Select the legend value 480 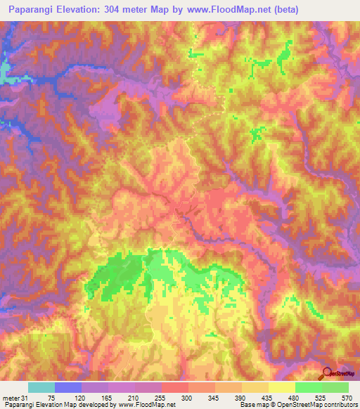tap(282, 398)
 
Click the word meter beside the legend tap(11, 398)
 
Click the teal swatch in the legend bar tap(41, 387)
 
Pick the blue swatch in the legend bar tap(68, 387)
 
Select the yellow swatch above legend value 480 tap(282, 387)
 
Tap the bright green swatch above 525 tap(309, 387)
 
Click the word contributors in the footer tap(341, 405)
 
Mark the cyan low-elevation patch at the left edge tap(4, 72)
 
